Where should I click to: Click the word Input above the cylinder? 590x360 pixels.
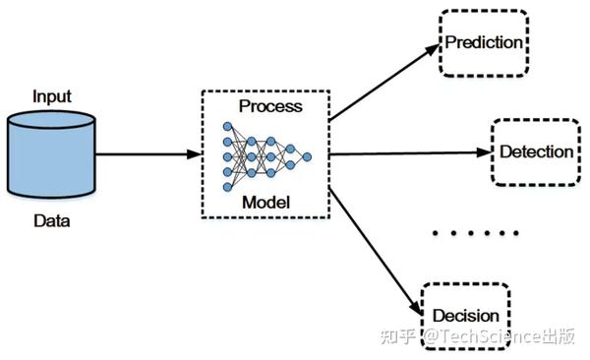pyautogui.click(x=51, y=96)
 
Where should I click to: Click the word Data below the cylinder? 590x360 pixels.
pyautogui.click(x=51, y=221)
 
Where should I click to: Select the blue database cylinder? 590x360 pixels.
pyautogui.click(x=51, y=157)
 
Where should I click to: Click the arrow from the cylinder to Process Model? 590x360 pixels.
pyautogui.click(x=147, y=154)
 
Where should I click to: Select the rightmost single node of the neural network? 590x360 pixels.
pyautogui.click(x=306, y=155)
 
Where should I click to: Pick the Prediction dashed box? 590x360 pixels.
pyautogui.click(x=484, y=44)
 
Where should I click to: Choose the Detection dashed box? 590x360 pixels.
pyautogui.click(x=536, y=152)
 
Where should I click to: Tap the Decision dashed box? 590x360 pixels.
pyautogui.click(x=466, y=316)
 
